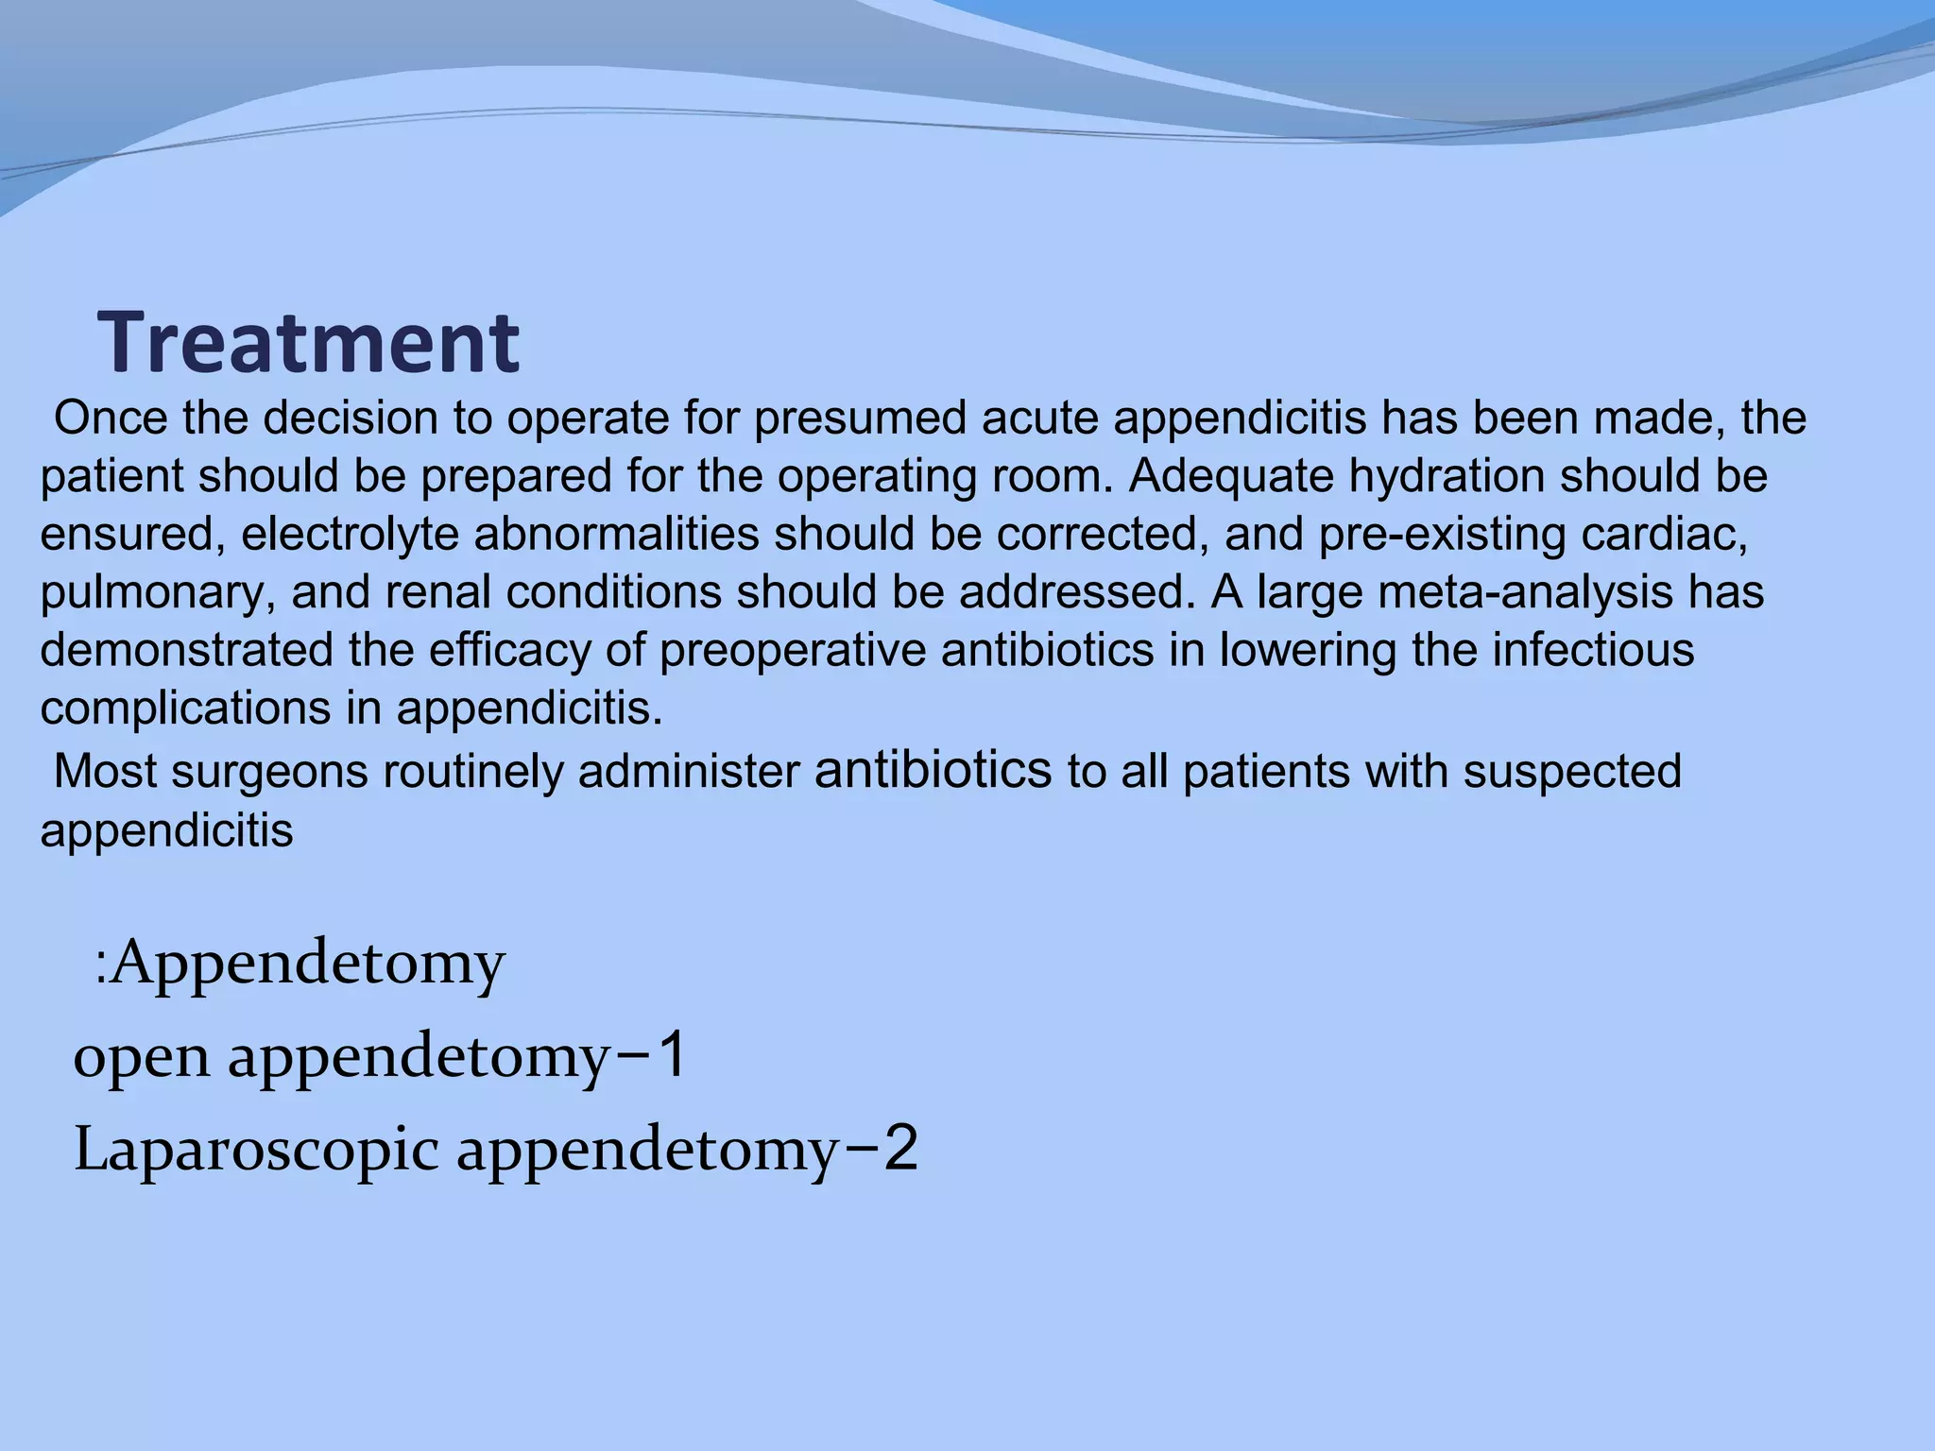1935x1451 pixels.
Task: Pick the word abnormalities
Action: coord(616,535)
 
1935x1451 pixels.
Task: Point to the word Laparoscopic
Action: coord(256,1151)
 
